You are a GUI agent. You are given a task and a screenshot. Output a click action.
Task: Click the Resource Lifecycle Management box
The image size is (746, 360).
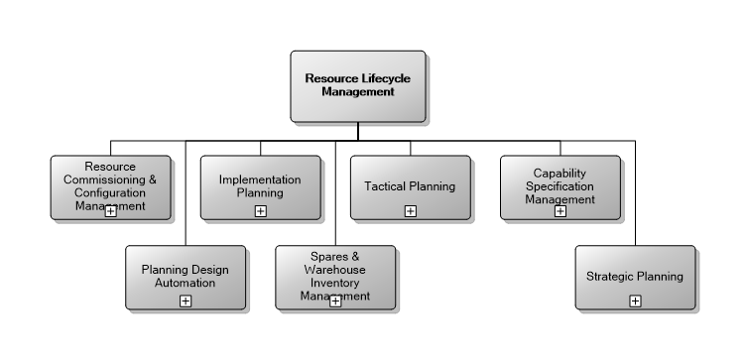pos(358,85)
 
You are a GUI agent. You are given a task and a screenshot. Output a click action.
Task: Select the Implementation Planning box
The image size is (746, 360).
pos(260,186)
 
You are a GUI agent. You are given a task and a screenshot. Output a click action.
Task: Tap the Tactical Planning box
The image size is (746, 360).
pos(410,186)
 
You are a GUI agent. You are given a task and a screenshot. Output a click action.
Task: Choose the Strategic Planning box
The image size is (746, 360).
pos(635,277)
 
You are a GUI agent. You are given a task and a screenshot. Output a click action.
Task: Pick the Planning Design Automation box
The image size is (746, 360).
pos(186,277)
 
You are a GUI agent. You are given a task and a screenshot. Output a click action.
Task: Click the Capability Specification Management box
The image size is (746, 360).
pos(560,186)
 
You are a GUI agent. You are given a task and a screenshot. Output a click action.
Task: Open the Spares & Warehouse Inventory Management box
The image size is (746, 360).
pos(335,277)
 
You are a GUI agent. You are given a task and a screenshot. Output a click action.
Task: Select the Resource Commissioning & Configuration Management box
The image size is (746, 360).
pos(110,186)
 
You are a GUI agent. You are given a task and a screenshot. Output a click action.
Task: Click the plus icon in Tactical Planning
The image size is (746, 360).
pos(410,210)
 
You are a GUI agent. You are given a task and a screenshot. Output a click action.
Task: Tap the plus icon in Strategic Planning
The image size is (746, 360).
pos(635,300)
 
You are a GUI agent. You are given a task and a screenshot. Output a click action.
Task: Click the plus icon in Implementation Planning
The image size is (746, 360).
pos(260,210)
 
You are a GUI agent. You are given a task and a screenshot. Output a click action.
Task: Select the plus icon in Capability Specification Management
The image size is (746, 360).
pos(560,210)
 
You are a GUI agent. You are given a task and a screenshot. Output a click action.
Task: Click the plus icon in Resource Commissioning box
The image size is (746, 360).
pos(110,210)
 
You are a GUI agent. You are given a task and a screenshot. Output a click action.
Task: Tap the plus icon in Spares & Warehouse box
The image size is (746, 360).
pos(335,300)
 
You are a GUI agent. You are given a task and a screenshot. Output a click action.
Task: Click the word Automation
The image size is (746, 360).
pos(186,283)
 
